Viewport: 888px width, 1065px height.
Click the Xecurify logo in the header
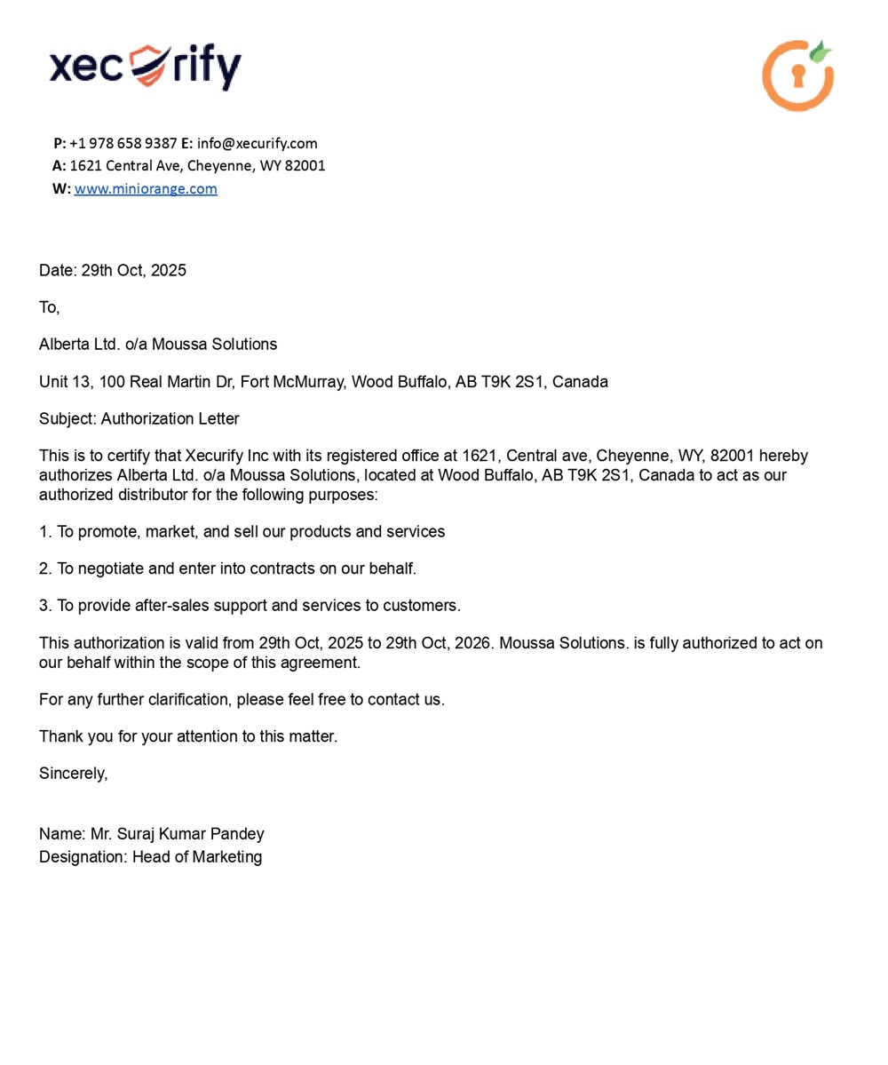[145, 68]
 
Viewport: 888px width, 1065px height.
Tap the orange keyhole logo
[797, 76]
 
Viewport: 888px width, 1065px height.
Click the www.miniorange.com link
[146, 188]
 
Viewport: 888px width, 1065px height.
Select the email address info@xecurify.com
[257, 143]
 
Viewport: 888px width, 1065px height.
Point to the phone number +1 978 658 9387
[123, 143]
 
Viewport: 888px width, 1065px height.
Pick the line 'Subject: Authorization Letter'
[139, 418]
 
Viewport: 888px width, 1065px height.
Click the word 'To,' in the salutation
[49, 307]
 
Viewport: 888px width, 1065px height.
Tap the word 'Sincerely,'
[73, 773]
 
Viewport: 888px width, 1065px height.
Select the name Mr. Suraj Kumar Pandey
[177, 834]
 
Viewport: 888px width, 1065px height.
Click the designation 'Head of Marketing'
[197, 857]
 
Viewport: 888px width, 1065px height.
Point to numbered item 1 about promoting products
[242, 531]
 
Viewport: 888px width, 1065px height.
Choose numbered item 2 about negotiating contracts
[227, 568]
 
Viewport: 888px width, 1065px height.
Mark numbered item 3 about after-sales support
[250, 606]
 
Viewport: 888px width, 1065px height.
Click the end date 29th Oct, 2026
[438, 643]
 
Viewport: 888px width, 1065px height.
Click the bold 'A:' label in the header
[59, 165]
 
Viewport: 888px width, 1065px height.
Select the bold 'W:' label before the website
[61, 188]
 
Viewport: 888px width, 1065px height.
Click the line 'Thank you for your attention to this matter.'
[188, 736]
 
